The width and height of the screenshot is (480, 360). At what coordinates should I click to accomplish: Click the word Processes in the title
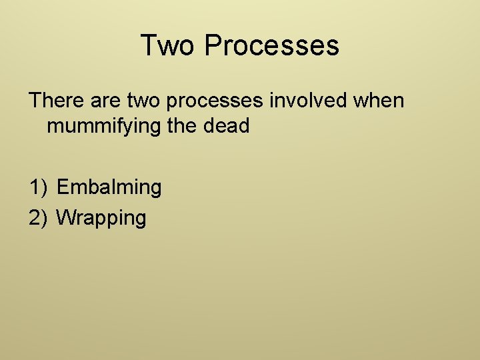[272, 45]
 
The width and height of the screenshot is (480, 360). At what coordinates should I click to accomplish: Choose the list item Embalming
[109, 187]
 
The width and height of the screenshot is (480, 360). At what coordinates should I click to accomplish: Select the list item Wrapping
[101, 217]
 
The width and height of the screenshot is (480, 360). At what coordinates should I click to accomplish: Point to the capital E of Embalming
[63, 187]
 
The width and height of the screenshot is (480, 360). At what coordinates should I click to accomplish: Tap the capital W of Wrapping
[65, 217]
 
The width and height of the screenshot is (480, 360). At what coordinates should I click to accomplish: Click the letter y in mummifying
[128, 127]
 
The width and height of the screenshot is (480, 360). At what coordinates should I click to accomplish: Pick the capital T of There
[34, 101]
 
